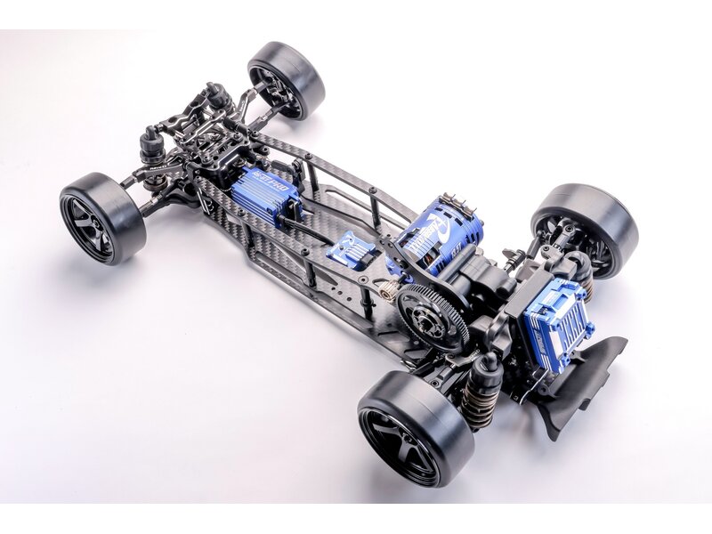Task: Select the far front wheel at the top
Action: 287,80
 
